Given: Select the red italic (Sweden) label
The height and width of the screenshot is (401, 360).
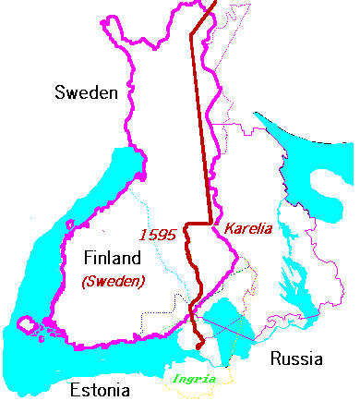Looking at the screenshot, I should tap(113, 281).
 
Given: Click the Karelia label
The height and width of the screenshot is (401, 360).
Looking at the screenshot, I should tap(247, 228).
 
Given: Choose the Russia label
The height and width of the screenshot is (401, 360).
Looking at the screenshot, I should tap(291, 358).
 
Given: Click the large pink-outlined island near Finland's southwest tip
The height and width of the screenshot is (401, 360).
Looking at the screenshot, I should tap(28, 325).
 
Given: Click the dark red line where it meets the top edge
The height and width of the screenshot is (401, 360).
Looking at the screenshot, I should tap(214, 3).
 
